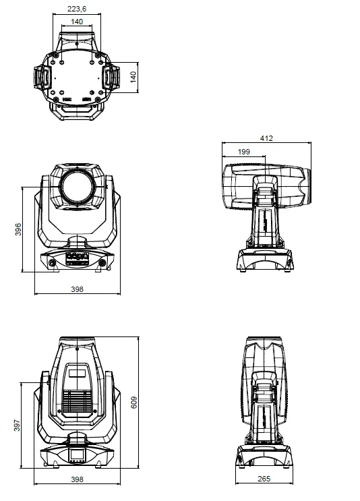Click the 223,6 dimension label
pyautogui.click(x=77, y=9)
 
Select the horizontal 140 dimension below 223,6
pyautogui.click(x=77, y=22)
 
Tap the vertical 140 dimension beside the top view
pyautogui.click(x=133, y=77)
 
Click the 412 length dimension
pyautogui.click(x=266, y=138)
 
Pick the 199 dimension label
pyautogui.click(x=243, y=152)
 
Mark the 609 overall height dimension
pyautogui.click(x=133, y=403)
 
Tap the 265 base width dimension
pyautogui.click(x=264, y=479)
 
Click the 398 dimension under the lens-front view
pyautogui.click(x=77, y=289)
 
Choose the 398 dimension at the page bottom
pyautogui.click(x=77, y=479)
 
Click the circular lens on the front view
pyautogui.click(x=77, y=187)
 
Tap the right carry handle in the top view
pyautogui.click(x=111, y=78)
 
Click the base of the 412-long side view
pyautogui.click(x=265, y=260)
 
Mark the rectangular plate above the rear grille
pyautogui.click(x=78, y=374)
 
